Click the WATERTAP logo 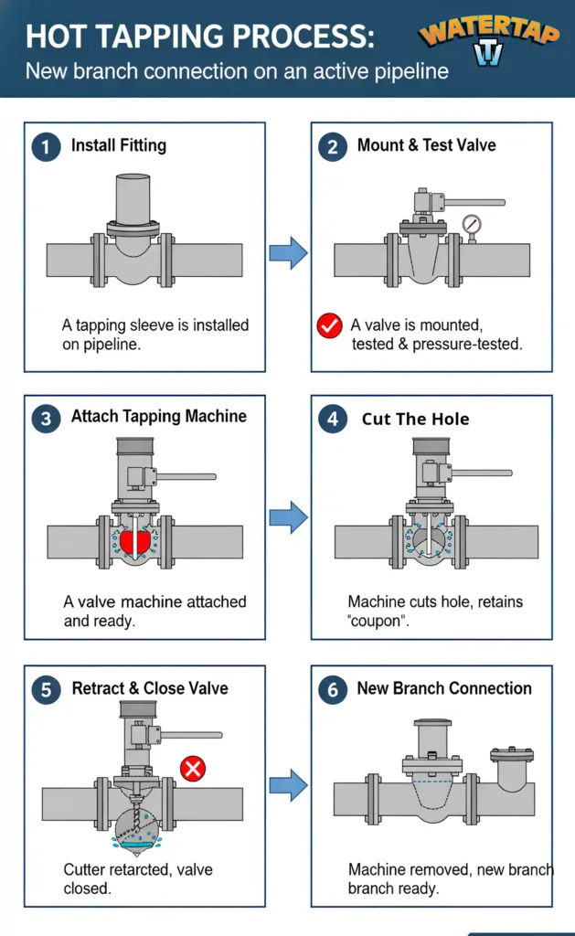tap(491, 42)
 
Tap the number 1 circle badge tap(46, 146)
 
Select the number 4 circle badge tap(333, 420)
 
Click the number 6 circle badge tap(333, 689)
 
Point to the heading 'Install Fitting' tap(119, 145)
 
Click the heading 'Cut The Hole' tap(415, 420)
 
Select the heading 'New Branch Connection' tap(444, 688)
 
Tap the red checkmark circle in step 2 tap(328, 325)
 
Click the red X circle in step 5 tap(192, 769)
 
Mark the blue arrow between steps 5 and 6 tap(288, 784)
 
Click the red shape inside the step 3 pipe tap(133, 544)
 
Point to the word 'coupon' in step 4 tap(377, 621)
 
